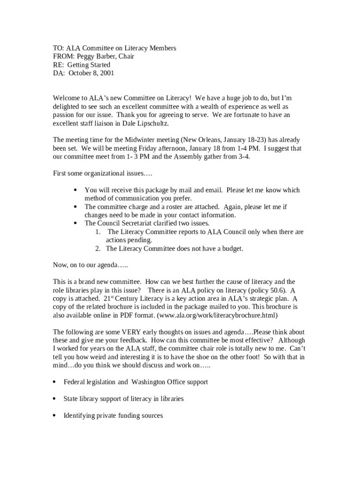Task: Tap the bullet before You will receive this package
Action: tap(76, 190)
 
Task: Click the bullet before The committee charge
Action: tap(76, 207)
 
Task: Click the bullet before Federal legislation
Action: tap(55, 382)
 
